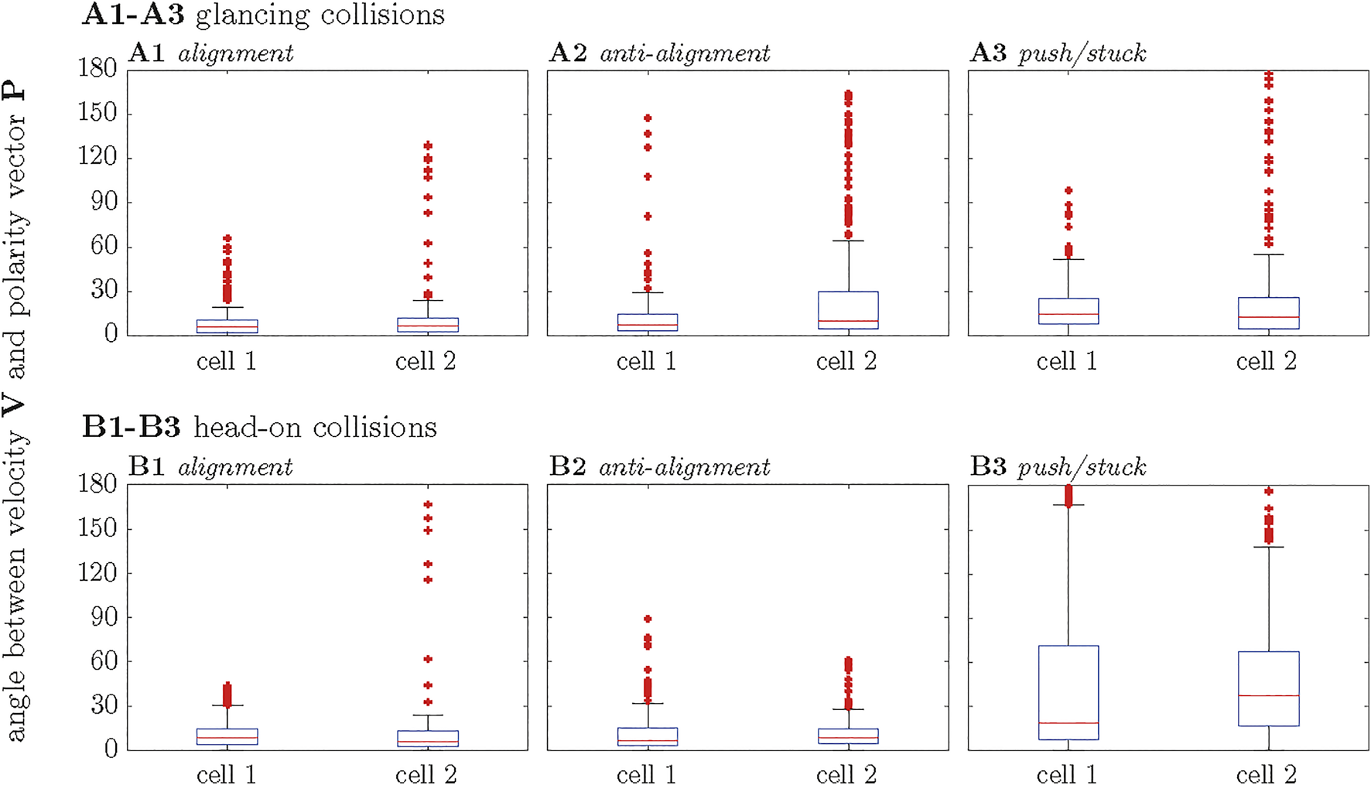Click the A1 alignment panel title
click(210, 53)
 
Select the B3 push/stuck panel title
click(1058, 466)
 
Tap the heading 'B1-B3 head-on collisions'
click(259, 427)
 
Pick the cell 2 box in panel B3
click(1268, 688)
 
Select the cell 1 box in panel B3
click(1068, 692)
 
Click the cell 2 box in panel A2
click(848, 310)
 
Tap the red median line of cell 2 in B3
click(1268, 695)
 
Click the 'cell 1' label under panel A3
click(1066, 361)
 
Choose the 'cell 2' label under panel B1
click(426, 774)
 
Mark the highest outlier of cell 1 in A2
click(648, 118)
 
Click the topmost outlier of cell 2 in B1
click(428, 504)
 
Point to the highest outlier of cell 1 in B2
click(648, 619)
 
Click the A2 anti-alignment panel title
click(659, 53)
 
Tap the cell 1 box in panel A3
click(1068, 311)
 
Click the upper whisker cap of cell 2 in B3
click(1268, 547)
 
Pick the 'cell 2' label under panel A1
click(426, 361)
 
